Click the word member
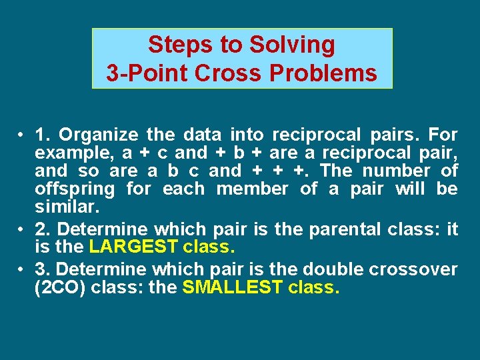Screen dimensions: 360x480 pyautogui.click(x=252, y=189)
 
